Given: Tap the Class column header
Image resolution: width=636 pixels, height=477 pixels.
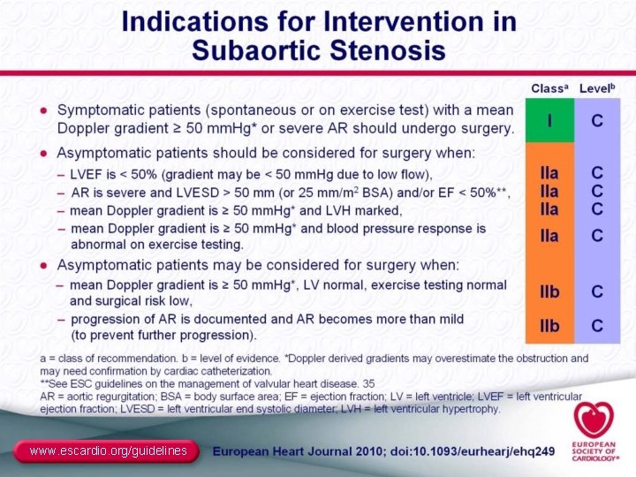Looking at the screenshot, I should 549,88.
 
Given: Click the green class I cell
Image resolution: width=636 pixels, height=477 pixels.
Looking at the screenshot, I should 549,120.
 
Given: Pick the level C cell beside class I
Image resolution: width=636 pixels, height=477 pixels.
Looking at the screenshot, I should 598,120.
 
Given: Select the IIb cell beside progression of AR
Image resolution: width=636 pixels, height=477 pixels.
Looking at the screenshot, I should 549,326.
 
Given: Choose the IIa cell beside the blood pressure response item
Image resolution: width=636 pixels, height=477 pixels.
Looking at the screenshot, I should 549,235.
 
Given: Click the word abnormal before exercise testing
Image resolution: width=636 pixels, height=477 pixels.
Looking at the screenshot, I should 97,244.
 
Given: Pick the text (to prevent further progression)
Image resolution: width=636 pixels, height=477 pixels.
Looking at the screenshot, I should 163,335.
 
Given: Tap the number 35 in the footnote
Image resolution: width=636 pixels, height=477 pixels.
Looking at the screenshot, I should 369,384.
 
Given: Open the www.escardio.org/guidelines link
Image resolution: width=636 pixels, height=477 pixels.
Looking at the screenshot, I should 108,451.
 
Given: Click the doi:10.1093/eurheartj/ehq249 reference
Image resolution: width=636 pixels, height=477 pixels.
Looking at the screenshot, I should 470,451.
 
